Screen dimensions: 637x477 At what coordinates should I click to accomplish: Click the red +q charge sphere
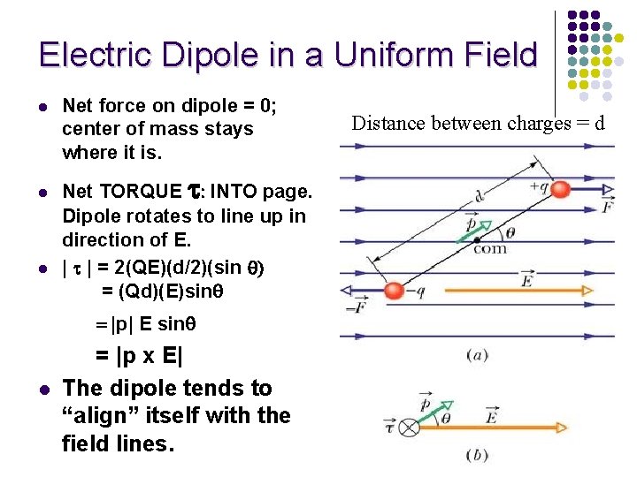coord(559,189)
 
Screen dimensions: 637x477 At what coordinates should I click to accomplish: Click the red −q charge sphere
coord(395,291)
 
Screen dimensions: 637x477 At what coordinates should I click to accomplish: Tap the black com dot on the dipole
coord(477,239)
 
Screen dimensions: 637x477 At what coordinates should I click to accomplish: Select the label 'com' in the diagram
coord(489,250)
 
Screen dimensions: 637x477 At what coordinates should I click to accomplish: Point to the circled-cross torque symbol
coord(409,428)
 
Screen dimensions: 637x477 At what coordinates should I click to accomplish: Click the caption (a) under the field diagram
coord(477,354)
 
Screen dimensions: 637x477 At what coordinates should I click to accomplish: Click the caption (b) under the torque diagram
coord(477,456)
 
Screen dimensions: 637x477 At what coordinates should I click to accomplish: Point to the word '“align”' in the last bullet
coord(105,415)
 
